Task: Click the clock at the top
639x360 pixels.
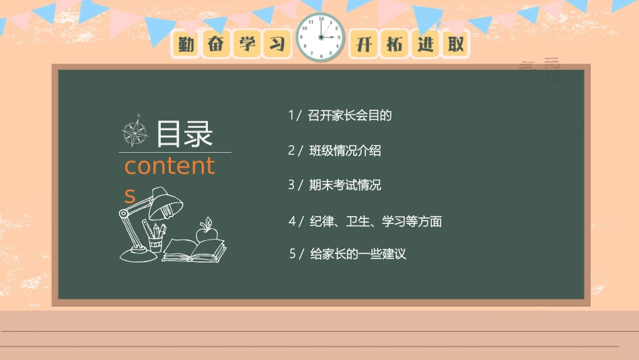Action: (321, 37)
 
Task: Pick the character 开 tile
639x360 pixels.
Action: (364, 44)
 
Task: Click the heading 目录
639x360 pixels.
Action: (184, 134)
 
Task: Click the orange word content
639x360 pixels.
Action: (170, 166)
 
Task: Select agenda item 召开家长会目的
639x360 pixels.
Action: (349, 115)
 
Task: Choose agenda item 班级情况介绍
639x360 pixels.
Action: (344, 151)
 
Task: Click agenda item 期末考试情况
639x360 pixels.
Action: (344, 185)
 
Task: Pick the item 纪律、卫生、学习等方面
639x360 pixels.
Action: (375, 221)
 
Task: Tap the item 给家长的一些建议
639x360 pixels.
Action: (357, 254)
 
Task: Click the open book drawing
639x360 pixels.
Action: (194, 251)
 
